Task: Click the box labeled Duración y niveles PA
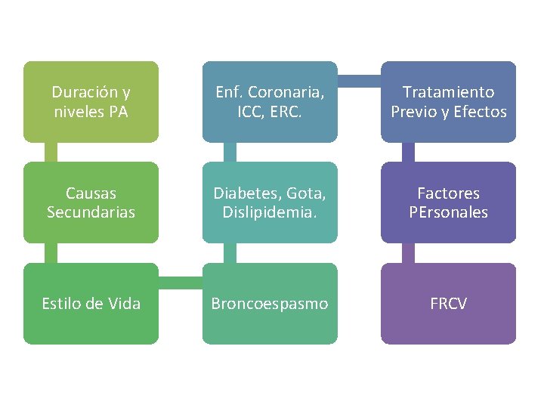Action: point(91,102)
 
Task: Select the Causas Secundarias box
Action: point(91,202)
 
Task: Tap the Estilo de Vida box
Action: point(91,304)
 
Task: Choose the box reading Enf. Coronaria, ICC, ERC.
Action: point(270,102)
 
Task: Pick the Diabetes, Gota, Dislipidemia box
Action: point(270,202)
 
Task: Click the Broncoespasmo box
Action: point(270,304)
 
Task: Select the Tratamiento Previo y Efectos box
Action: point(448,102)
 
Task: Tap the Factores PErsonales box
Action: point(448,202)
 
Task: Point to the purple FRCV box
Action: point(448,304)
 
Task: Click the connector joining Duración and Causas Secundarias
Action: point(51,152)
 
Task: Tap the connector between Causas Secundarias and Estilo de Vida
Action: point(51,252)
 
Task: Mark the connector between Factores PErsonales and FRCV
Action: point(408,252)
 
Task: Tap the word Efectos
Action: point(481,112)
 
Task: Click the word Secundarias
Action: point(91,212)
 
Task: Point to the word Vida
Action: point(124,304)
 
